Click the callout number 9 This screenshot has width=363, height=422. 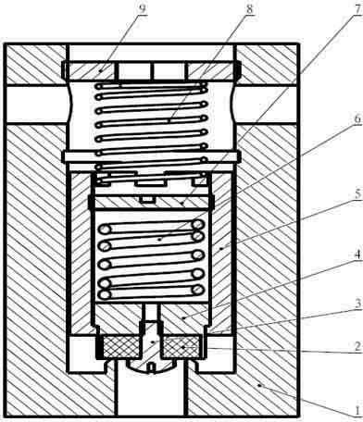pos(142,9)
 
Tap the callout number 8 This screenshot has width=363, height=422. pos(249,9)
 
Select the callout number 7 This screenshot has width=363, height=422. pos(357,9)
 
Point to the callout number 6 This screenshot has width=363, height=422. pos(357,119)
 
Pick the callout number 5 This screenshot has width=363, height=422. pos(357,194)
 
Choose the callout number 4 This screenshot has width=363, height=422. pos(357,255)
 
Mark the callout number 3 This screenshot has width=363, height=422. pos(357,304)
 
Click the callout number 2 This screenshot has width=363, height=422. pos(357,347)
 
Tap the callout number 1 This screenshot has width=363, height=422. pos(357,411)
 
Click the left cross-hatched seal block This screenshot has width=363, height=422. pos(121,347)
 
